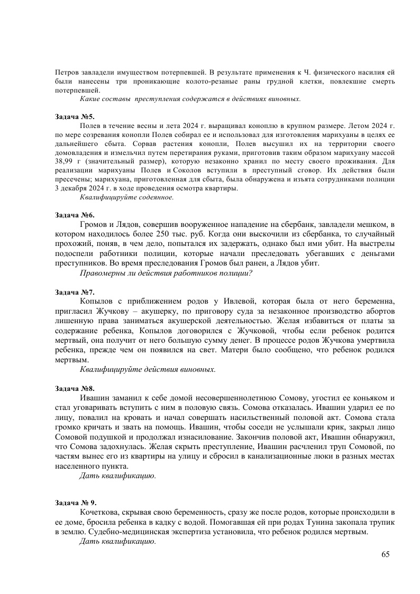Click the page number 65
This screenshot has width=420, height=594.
click(x=385, y=554)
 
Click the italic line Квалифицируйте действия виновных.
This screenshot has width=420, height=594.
click(x=148, y=369)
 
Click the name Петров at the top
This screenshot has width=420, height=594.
click(x=67, y=72)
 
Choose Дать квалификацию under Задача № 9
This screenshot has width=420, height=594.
click(x=117, y=542)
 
